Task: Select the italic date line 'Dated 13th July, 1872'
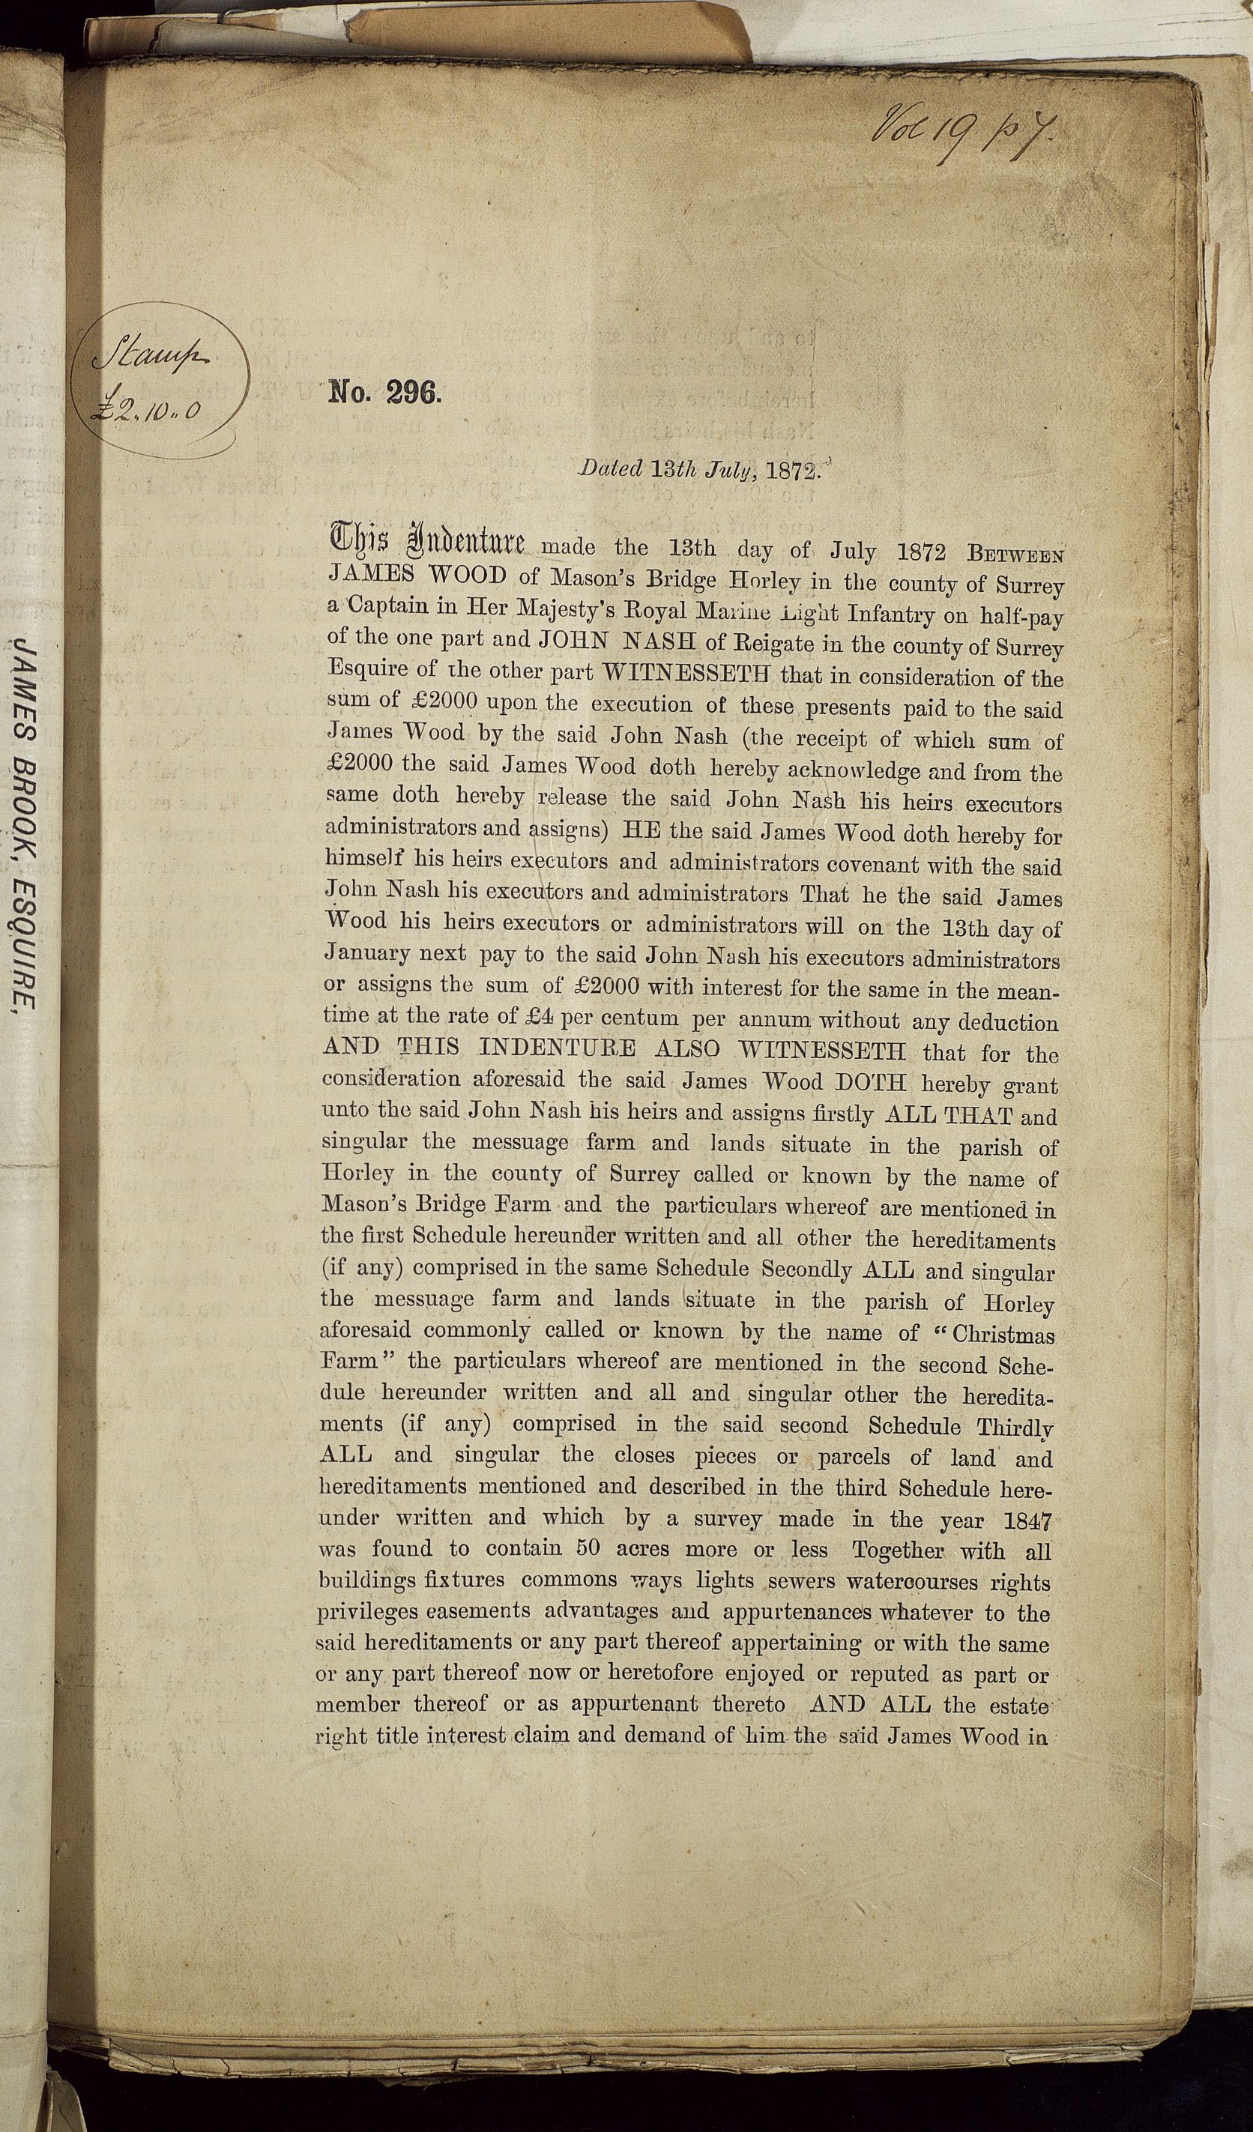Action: pos(700,471)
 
